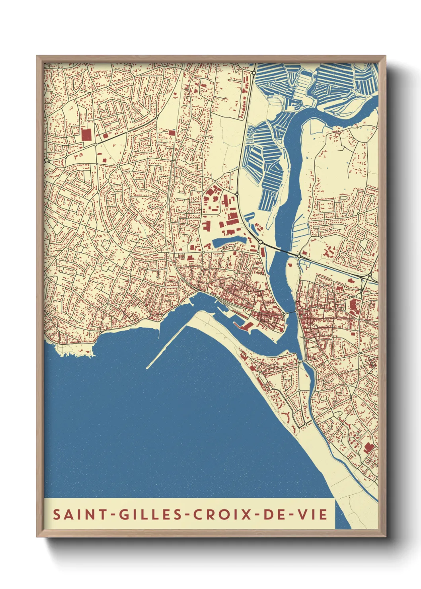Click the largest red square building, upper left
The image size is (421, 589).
pyautogui.click(x=86, y=135)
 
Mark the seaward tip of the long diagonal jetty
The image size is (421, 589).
pyautogui.click(x=148, y=367)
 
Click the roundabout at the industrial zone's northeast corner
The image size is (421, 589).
pyautogui.click(x=237, y=194)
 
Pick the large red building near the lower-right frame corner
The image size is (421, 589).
pyautogui.click(x=369, y=448)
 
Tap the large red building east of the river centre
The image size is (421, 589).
pyautogui.click(x=353, y=306)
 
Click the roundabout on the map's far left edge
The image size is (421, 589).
pyautogui.click(x=47, y=160)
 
